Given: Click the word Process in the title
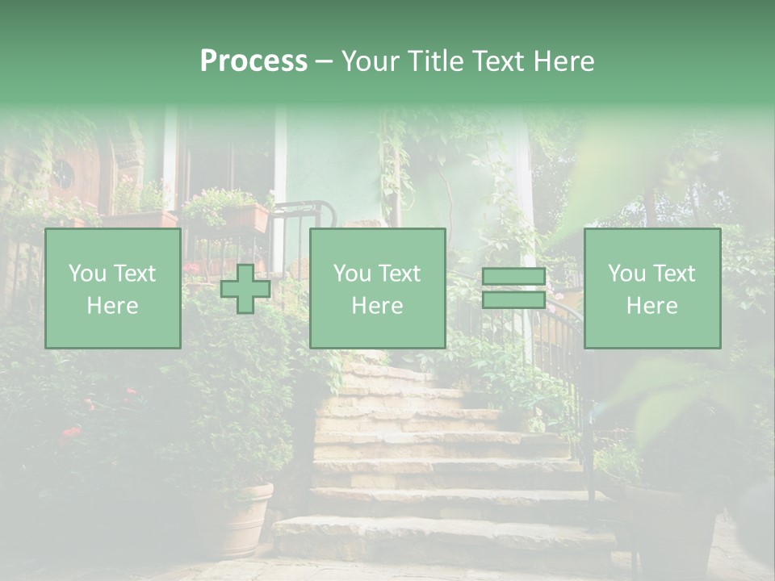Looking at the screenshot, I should point(253,61).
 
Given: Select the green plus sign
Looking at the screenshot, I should point(245,289).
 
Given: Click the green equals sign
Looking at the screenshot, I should point(513,288).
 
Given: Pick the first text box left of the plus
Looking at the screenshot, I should point(112,289).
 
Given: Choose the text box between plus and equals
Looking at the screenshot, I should point(377,289).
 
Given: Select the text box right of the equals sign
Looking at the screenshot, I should point(651,289).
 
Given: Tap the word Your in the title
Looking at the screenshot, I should point(370,61).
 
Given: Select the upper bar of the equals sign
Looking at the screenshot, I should point(513,277).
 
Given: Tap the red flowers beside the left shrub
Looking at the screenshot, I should point(71,434).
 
